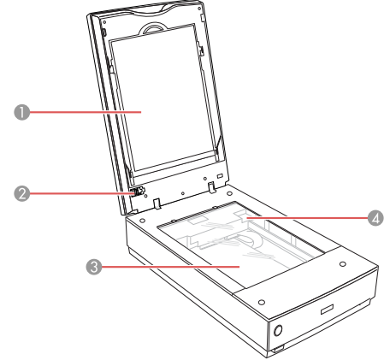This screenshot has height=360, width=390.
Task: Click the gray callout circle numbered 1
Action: [x=22, y=112]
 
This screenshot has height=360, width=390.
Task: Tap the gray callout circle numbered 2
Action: [x=22, y=193]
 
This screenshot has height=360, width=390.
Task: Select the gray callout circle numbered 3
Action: [x=94, y=267]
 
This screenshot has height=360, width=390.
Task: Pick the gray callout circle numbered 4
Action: [x=375, y=218]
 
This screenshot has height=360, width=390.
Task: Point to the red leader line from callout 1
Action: [x=86, y=112]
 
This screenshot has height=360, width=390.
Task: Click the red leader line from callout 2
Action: [x=82, y=193]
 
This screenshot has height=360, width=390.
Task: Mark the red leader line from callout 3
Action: [x=170, y=267]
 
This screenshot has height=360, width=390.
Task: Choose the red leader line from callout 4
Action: [x=307, y=218]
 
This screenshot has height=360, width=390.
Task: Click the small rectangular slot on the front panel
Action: [x=327, y=310]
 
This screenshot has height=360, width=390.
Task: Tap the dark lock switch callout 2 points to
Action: [x=138, y=192]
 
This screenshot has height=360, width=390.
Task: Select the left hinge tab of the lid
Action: [x=157, y=204]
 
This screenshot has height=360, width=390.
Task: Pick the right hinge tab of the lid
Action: [x=211, y=187]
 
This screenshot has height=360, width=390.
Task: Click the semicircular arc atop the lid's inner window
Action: [x=153, y=27]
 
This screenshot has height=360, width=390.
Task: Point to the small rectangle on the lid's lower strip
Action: [x=220, y=176]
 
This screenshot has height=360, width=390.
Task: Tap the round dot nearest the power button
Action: [x=262, y=302]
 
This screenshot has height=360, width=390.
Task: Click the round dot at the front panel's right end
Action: [x=343, y=264]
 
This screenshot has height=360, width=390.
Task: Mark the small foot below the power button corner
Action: [x=278, y=348]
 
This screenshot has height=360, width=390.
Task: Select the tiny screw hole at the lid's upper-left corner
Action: [x=104, y=21]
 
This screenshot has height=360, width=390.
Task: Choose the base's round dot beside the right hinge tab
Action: [x=229, y=193]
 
